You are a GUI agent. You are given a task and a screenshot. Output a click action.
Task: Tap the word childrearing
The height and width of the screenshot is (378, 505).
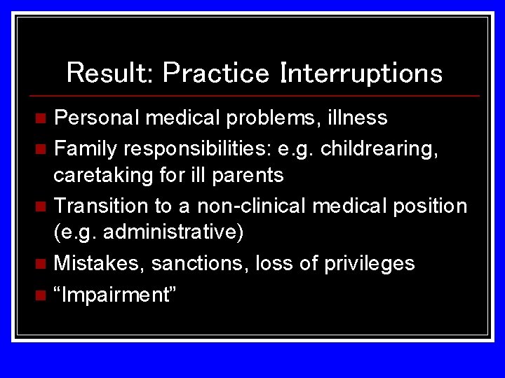[x=378, y=148]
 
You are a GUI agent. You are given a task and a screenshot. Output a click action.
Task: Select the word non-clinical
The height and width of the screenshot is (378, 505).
[x=251, y=206]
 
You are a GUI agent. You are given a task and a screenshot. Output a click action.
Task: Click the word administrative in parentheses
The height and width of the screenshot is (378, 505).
[x=171, y=232]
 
